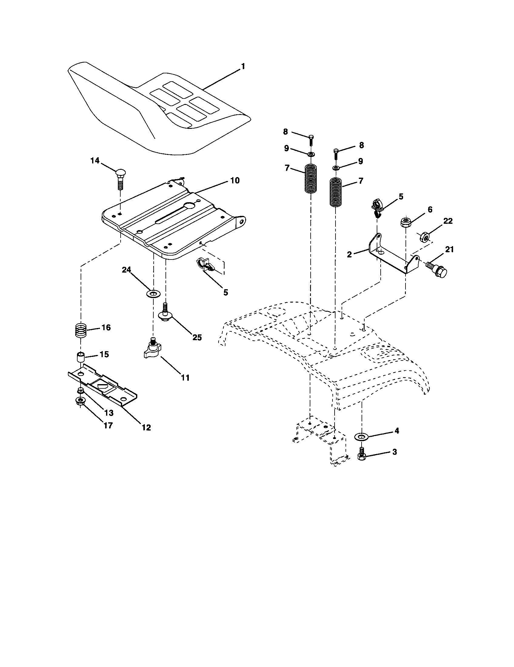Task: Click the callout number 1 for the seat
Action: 243,66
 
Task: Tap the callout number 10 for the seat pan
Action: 235,180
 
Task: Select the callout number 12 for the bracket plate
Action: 146,427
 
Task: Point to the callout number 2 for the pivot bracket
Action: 350,254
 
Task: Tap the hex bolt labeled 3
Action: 362,456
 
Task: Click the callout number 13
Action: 109,413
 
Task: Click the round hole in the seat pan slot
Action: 190,206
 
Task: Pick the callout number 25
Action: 197,337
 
